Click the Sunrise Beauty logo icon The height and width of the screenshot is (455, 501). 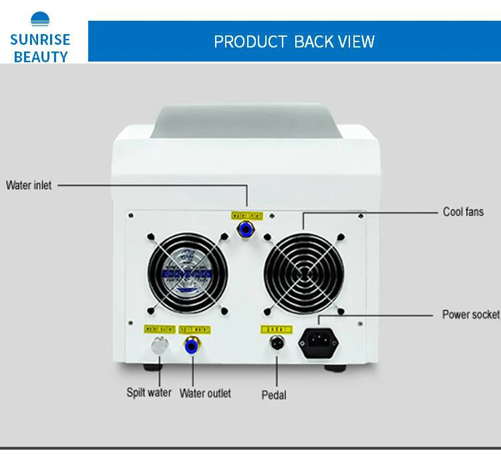[40, 19]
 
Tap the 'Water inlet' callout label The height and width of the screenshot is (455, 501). [29, 185]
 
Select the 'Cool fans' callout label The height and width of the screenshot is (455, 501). [463, 212]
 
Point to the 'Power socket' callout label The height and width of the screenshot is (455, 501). [470, 314]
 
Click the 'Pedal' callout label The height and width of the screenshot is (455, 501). [274, 395]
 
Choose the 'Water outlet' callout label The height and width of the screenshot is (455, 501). [205, 393]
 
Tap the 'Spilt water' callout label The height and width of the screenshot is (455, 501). [149, 393]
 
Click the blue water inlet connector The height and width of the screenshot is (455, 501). [246, 231]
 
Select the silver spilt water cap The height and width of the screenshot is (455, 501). [159, 346]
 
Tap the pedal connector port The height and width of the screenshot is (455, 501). [275, 344]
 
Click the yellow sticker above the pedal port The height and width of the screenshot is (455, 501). [276, 329]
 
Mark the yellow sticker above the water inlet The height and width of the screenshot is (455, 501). [246, 215]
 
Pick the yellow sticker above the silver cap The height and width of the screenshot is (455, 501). [159, 329]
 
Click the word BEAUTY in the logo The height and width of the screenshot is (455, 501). [41, 56]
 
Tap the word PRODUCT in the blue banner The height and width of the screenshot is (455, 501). [251, 41]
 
